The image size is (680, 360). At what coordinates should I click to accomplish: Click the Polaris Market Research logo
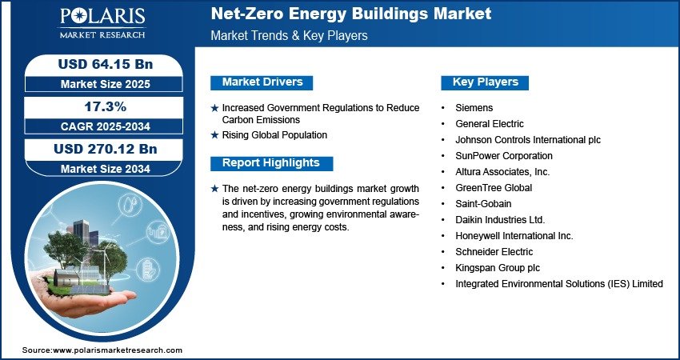coord(102,23)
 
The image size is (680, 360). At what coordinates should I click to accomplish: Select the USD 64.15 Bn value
coord(106,64)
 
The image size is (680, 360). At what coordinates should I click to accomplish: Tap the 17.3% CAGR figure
coord(105,106)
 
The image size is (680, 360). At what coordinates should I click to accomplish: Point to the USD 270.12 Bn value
coord(106,149)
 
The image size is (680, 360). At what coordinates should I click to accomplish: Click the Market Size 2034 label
coord(106,169)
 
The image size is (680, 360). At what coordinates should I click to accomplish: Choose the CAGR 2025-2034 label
coord(106,126)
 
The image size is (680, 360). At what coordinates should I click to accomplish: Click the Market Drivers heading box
coord(262,82)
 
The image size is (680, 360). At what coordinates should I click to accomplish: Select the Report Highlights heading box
coord(271,163)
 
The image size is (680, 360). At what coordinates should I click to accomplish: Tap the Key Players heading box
coord(485,82)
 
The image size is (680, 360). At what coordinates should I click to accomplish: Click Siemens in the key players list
coord(474,107)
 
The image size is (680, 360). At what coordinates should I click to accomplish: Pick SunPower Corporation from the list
coord(503,156)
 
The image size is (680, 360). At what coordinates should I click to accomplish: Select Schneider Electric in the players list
coord(494,251)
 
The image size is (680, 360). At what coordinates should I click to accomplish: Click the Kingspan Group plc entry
coord(498,268)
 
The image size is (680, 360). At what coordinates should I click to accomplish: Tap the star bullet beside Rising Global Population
coord(214,135)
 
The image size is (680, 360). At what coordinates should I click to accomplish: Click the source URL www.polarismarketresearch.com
coord(118,350)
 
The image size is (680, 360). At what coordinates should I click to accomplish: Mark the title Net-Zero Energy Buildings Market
coord(351,14)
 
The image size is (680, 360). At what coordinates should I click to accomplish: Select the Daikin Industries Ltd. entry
coord(500,220)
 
